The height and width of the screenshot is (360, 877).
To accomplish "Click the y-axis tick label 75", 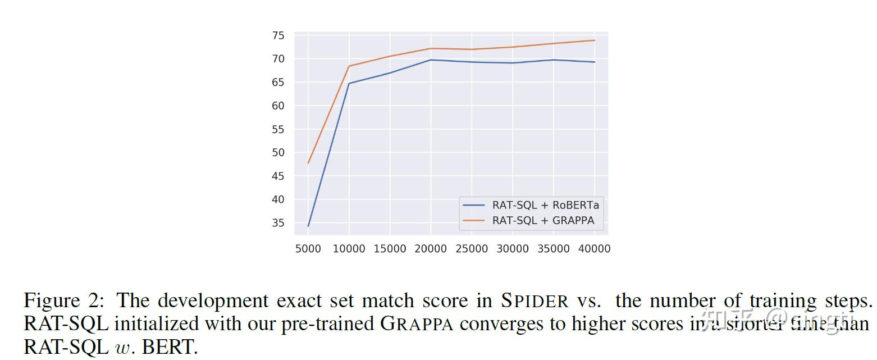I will point(278,35).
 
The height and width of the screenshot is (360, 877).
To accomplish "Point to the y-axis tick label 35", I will point(278,223).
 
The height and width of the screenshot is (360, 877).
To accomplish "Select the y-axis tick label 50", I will point(278,153).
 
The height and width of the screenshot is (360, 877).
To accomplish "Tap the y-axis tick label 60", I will point(278,106).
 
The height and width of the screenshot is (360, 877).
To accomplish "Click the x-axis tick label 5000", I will point(308,249).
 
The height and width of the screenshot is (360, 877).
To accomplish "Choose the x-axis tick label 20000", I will point(430,249).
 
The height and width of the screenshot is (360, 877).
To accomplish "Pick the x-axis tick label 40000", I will point(594,249).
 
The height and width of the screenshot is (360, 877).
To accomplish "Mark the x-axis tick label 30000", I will point(512,249).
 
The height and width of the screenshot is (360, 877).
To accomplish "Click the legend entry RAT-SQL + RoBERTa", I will point(545,205).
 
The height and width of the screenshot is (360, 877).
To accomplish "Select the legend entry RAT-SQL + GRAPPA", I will point(543,221).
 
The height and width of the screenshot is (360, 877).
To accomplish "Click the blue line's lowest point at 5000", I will point(308,226).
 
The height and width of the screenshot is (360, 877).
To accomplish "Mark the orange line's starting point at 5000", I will point(308,163).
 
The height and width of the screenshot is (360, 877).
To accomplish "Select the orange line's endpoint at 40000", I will point(594,40).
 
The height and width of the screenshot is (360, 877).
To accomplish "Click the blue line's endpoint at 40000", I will point(594,62).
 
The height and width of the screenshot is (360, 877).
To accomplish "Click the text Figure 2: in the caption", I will point(63,301).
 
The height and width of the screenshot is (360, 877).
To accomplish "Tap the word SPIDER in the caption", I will point(535,302).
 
